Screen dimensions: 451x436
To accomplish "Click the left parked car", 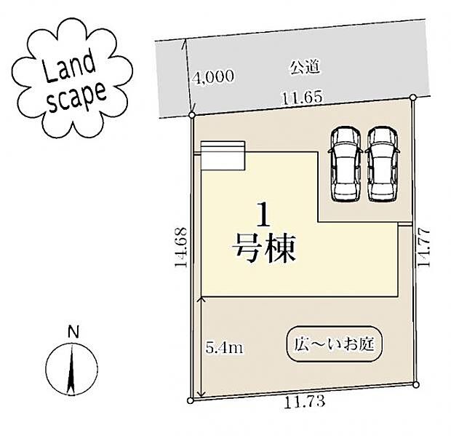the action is (345, 163).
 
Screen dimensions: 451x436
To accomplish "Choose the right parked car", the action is (381, 163).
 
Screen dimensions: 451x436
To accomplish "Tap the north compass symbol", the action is (71, 370).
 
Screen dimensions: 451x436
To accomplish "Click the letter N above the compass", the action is (72, 332).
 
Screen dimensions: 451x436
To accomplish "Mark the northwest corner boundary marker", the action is (191, 115).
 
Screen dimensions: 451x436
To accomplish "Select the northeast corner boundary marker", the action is (412, 97).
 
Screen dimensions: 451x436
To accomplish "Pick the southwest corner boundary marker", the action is (191, 400).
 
